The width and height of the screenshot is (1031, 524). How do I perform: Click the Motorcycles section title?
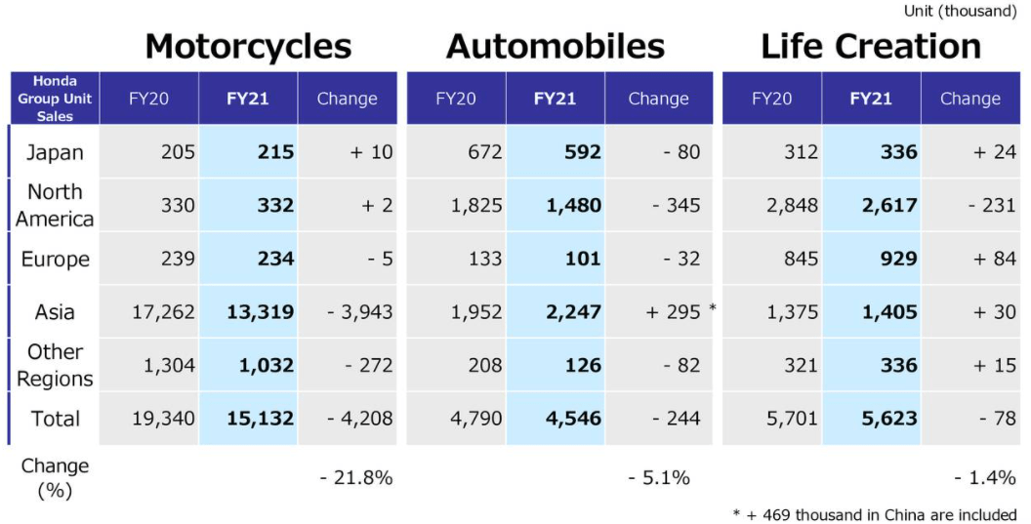click(248, 46)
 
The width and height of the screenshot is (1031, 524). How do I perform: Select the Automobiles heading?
click(556, 46)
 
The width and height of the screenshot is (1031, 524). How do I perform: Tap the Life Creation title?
click(870, 46)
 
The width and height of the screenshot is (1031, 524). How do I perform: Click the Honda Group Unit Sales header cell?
click(55, 99)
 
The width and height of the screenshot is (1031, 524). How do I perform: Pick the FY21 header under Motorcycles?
click(247, 99)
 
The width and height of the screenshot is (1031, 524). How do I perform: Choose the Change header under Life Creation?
click(969, 99)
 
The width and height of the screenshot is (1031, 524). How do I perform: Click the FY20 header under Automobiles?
click(456, 99)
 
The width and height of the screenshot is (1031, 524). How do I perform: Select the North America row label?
click(55, 205)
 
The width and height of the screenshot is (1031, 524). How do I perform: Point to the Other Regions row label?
click(55, 365)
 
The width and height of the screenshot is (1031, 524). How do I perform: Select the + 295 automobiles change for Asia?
click(673, 312)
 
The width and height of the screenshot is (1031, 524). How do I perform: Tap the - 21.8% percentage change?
click(355, 477)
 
